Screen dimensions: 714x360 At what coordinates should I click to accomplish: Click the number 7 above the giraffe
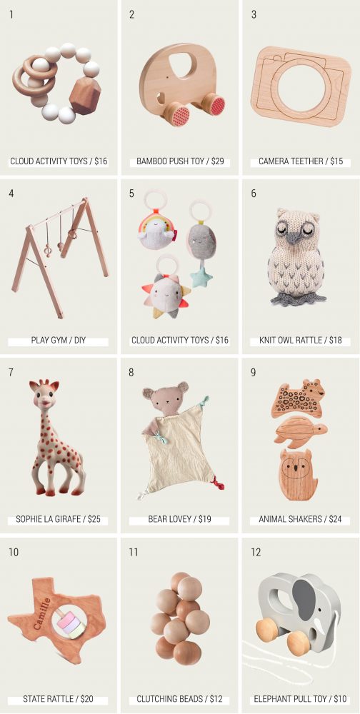[x=11, y=372]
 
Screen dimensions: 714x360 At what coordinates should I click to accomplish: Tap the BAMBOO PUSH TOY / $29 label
[x=180, y=161]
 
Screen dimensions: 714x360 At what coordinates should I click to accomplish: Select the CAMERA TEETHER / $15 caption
[x=300, y=161]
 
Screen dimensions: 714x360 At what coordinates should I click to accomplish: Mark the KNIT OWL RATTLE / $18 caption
[x=300, y=341]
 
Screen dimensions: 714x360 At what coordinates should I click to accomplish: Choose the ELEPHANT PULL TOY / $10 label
[x=300, y=699]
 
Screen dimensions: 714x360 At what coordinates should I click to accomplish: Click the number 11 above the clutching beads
[x=133, y=551]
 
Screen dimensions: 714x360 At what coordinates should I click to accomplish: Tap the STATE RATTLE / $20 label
[x=59, y=699]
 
